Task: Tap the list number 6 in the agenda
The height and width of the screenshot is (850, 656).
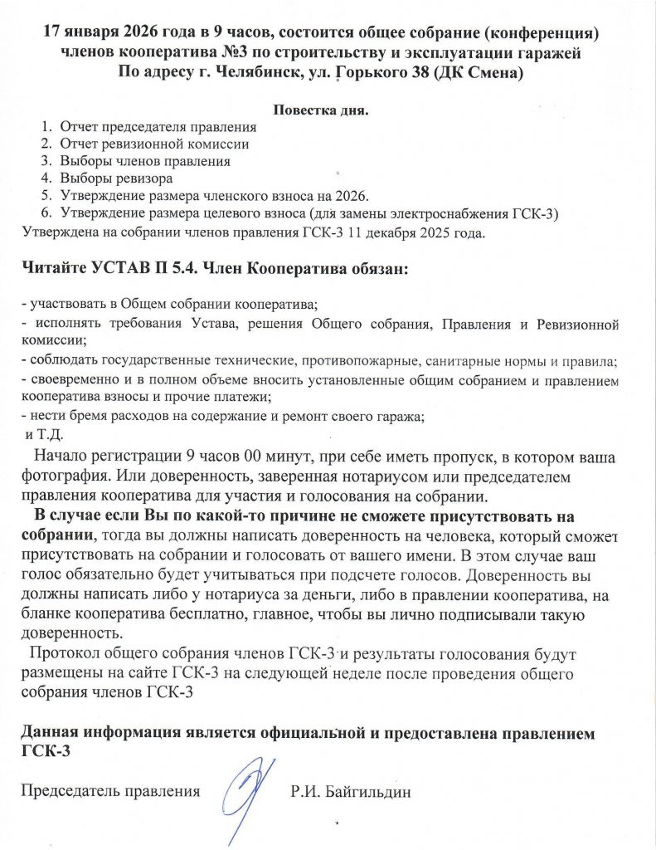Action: tap(46, 213)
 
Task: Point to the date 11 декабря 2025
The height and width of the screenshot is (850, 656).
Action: tap(407, 231)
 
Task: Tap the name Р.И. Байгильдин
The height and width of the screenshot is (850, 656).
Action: tap(351, 792)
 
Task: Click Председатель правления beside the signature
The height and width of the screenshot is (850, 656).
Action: tap(111, 792)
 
